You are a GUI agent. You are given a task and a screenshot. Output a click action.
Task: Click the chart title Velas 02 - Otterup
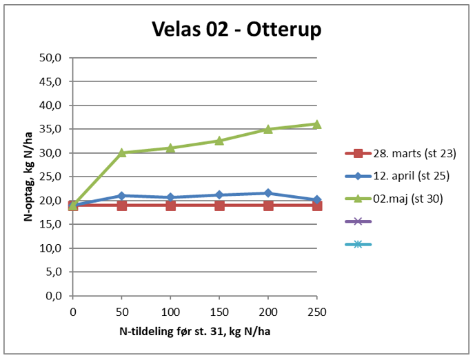[237, 30]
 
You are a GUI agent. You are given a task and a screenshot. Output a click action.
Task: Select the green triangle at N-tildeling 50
[122, 152]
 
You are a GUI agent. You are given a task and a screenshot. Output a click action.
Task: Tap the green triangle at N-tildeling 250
[317, 124]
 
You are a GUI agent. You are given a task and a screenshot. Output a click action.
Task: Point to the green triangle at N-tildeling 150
[219, 141]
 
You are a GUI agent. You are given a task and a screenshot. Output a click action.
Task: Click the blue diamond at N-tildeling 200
[268, 193]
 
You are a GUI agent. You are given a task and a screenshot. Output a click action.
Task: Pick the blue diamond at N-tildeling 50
[122, 196]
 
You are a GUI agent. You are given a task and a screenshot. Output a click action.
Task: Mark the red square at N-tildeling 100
[170, 206]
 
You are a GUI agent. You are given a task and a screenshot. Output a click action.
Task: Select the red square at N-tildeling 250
[317, 206]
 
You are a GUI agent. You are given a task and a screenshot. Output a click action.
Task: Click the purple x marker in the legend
[358, 221]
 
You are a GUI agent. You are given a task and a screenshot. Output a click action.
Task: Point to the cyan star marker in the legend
[358, 244]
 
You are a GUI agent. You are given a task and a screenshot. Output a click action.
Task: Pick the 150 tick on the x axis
[219, 312]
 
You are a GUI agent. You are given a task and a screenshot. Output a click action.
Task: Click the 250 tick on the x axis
[317, 312]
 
